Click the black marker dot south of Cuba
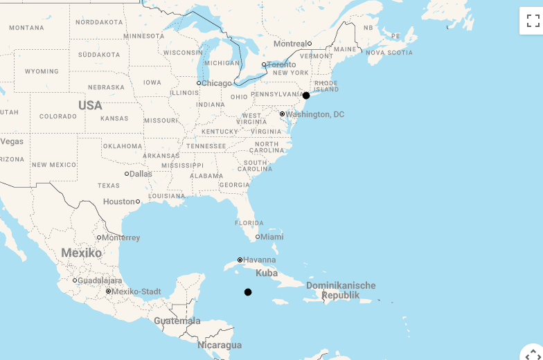tap(248, 292)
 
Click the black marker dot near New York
tap(306, 96)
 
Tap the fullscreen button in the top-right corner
tap(532, 21)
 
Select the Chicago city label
tap(216, 83)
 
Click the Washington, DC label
tap(314, 114)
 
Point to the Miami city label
tap(271, 237)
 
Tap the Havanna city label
tap(259, 260)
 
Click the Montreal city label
tap(290, 44)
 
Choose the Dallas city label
tap(140, 174)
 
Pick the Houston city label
tap(119, 201)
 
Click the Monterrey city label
tap(121, 237)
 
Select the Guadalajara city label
tap(100, 280)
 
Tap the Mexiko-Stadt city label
tap(137, 291)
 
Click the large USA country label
tap(90, 105)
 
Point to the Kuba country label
tap(267, 273)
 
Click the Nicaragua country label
tap(220, 345)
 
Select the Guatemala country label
tap(177, 321)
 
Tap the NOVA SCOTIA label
tap(389, 53)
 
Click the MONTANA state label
tap(26, 28)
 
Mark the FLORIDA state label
tap(249, 223)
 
